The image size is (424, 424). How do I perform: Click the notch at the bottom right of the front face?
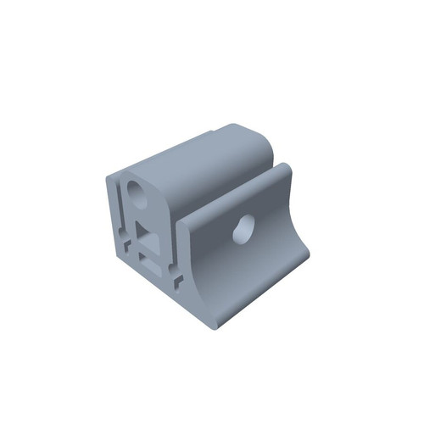176,277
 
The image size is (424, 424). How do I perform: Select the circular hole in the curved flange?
243,228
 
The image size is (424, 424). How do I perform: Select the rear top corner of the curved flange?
286,167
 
